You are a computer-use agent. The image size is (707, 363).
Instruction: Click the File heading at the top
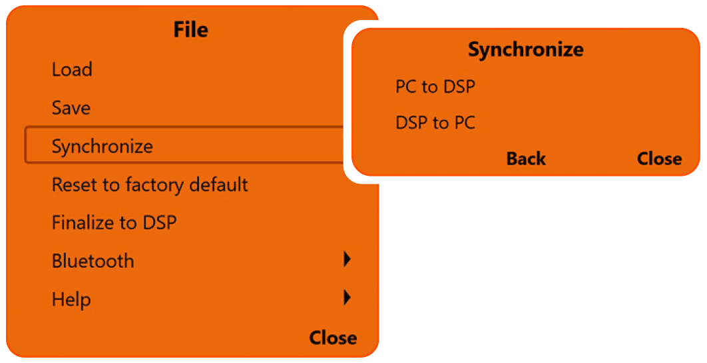click(x=191, y=30)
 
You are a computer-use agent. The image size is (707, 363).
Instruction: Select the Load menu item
click(x=72, y=69)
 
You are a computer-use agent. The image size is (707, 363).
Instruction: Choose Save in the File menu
click(x=71, y=108)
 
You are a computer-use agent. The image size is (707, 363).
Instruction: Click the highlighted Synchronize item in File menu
click(x=103, y=147)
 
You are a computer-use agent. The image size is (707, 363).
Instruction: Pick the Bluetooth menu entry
click(x=93, y=261)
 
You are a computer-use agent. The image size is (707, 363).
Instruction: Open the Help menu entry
click(x=71, y=300)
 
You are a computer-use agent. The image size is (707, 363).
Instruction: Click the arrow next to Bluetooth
click(x=347, y=260)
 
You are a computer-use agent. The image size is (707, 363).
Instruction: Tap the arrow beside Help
click(x=347, y=298)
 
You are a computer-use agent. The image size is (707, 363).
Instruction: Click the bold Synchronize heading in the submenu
click(x=526, y=49)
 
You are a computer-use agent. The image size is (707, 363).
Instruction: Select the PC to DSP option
click(x=435, y=87)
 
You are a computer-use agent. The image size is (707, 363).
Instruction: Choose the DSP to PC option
click(x=435, y=123)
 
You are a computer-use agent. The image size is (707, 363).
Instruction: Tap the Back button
click(x=526, y=159)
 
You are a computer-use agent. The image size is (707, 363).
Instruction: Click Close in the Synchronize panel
click(x=659, y=159)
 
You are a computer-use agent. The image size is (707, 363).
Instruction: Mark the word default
click(x=220, y=184)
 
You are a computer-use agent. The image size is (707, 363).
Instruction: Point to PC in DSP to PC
click(x=463, y=123)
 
